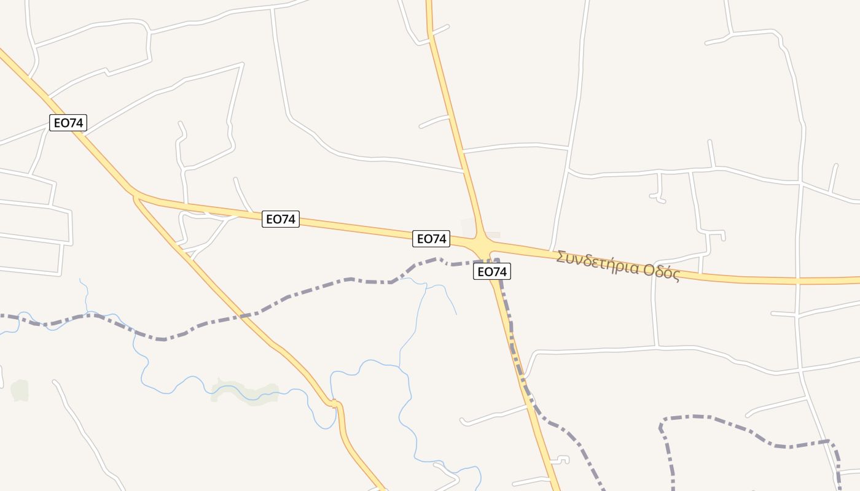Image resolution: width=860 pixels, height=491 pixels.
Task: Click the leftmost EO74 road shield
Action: [68, 123]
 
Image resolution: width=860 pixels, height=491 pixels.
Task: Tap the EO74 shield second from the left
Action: [281, 219]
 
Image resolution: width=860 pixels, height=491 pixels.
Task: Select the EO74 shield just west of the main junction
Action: [431, 239]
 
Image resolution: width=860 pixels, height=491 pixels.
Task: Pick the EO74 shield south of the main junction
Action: [492, 271]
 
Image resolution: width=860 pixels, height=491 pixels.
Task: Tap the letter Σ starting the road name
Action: [561, 257]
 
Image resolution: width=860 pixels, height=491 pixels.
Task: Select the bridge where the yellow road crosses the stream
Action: [335, 404]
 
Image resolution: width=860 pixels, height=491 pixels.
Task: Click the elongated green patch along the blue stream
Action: [246, 391]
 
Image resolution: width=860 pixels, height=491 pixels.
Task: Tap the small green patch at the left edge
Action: [20, 390]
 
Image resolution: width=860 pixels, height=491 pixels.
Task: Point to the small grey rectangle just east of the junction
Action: [493, 234]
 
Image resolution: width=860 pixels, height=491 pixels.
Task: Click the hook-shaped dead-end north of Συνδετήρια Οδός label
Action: [659, 195]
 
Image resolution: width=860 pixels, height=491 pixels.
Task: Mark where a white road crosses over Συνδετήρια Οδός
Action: [797, 280]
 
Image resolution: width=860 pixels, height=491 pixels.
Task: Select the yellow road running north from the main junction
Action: [455, 123]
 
